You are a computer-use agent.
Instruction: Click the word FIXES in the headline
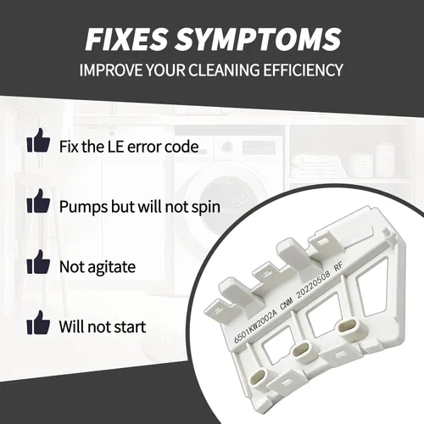coord(126,39)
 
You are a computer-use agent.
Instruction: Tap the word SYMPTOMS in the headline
coord(258,39)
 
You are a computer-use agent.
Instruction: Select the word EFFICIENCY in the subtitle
coord(303,70)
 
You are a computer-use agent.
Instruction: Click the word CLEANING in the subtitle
coord(224,70)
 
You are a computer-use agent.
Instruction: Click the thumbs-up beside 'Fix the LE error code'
coord(38,141)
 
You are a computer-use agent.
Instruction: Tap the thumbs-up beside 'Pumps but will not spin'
coord(38,201)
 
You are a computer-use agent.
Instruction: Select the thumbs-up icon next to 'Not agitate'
coord(38,261)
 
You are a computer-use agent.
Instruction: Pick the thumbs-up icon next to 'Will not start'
coord(38,322)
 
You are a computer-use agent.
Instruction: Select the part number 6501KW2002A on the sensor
coord(256,325)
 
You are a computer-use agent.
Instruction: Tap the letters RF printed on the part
coord(338,266)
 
